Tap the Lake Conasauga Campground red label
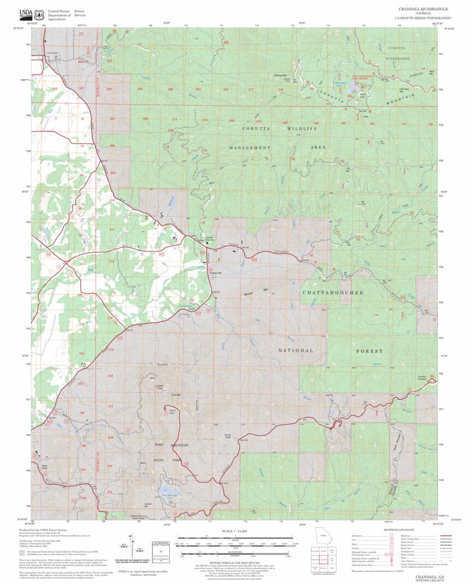[351, 77]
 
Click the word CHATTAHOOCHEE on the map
[333, 293]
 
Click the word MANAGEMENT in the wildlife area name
[250, 147]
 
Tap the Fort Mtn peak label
[176, 395]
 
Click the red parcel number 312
[111, 261]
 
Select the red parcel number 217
[251, 89]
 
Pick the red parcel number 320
[110, 492]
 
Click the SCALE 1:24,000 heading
[233, 531]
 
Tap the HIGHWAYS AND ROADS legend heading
[397, 529]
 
